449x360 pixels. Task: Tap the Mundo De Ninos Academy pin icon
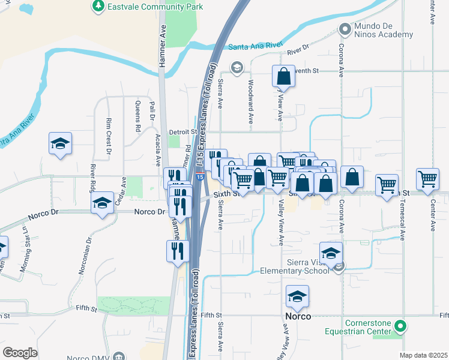[x=345, y=28]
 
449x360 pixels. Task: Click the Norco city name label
[x=298, y=316]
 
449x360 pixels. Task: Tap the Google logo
[x=20, y=353]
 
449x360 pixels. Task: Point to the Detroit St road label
[x=183, y=131]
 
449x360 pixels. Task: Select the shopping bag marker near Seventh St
[x=283, y=76]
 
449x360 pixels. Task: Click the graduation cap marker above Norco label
[x=297, y=296]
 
